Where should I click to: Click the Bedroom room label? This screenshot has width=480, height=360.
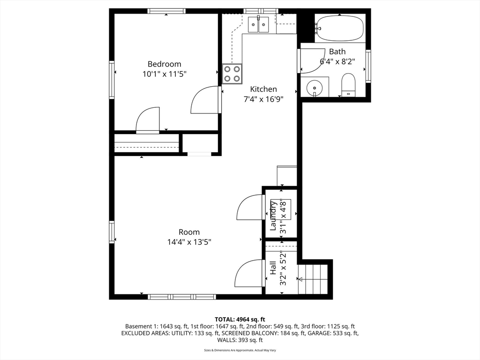pyautogui.click(x=165, y=64)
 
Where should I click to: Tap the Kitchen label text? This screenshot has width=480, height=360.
pyautogui.click(x=263, y=89)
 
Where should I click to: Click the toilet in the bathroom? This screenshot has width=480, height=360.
pyautogui.click(x=348, y=84)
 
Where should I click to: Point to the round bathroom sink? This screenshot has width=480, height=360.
pyautogui.click(x=315, y=88)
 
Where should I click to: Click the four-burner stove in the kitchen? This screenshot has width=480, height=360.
pyautogui.click(x=232, y=74)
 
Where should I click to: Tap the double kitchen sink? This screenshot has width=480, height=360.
pyautogui.click(x=258, y=24)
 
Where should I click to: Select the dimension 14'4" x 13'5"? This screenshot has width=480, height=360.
pyautogui.click(x=189, y=242)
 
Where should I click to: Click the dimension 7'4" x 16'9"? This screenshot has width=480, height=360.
pyautogui.click(x=263, y=99)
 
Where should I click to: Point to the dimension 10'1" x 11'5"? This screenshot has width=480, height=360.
pyautogui.click(x=165, y=74)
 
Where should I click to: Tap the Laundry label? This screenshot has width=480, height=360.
pyautogui.click(x=273, y=216)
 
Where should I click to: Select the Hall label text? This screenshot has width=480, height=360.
pyautogui.click(x=273, y=268)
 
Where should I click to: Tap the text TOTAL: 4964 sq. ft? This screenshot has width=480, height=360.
pyautogui.click(x=240, y=320)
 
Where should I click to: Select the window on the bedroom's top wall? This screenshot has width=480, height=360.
pyautogui.click(x=166, y=11)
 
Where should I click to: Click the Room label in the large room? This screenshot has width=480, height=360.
pyautogui.click(x=189, y=232)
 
